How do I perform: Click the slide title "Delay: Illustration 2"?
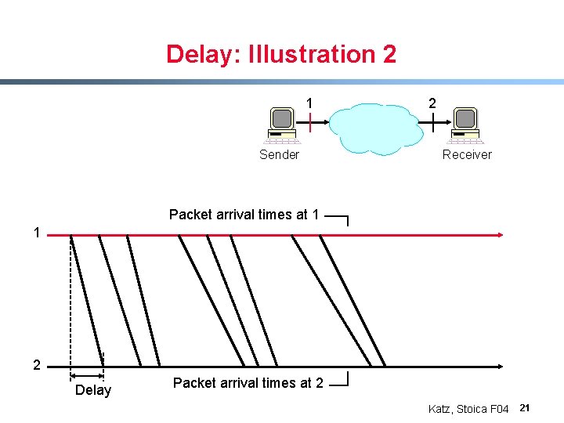pyautogui.click(x=281, y=54)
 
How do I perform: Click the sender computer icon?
pyautogui.click(x=282, y=125)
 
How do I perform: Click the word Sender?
pyautogui.click(x=279, y=155)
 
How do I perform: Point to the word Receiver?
pyautogui.click(x=467, y=155)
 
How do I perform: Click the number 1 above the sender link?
pyautogui.click(x=309, y=103)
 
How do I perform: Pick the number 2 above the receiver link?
pyautogui.click(x=432, y=103)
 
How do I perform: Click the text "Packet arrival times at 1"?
pyautogui.click(x=244, y=215)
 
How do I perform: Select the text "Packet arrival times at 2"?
pyautogui.click(x=248, y=383)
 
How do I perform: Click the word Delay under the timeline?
pyautogui.click(x=93, y=390)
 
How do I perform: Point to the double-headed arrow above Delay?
pyautogui.click(x=86, y=376)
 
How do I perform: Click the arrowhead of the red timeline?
pyautogui.click(x=499, y=234)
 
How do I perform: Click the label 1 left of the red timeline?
pyautogui.click(x=36, y=233)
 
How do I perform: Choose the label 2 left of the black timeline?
pyautogui.click(x=36, y=365)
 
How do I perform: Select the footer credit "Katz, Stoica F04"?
pyautogui.click(x=468, y=409)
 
